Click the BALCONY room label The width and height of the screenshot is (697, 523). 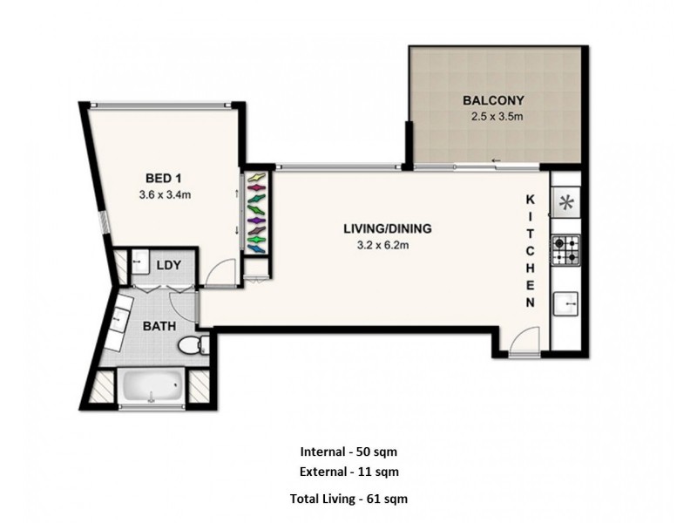tap(492, 99)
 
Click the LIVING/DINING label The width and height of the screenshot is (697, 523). tap(387, 229)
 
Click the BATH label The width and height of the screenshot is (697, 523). tap(159, 326)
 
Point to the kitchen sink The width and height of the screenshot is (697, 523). tap(565, 302)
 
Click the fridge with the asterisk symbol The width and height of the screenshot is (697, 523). tap(565, 203)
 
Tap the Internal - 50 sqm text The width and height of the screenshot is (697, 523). tap(348, 452)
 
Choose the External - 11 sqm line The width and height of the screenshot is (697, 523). tap(348, 472)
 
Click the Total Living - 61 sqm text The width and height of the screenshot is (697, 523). tap(348, 499)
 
